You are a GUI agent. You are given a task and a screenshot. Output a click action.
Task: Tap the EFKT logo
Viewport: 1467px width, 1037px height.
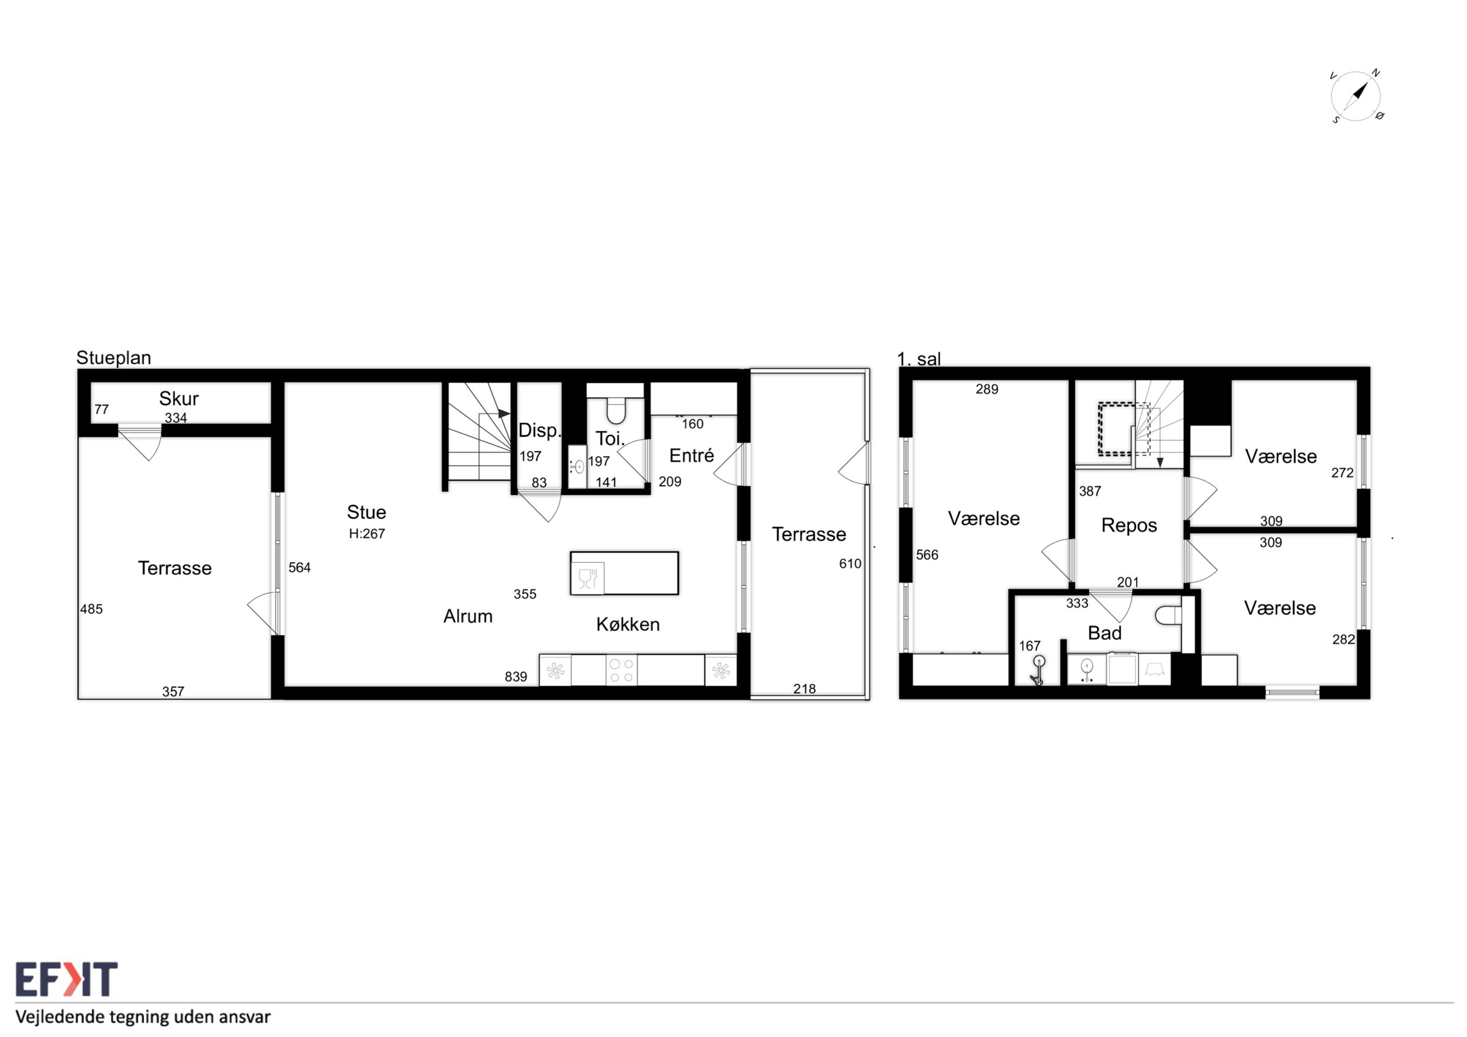pos(67,979)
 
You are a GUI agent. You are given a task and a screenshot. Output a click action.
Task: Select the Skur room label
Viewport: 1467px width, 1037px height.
pos(179,399)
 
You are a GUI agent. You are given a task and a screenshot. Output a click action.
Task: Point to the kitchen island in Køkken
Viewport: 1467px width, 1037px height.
pos(624,573)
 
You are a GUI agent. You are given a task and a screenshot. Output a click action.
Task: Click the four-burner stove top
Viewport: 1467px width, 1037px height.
pos(621,670)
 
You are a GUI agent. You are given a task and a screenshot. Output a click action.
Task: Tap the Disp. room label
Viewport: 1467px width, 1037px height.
pos(539,430)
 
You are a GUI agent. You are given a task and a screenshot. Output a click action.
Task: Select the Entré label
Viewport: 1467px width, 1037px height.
pos(691,455)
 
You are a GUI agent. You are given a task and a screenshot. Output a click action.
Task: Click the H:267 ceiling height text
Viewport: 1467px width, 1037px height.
pos(367,534)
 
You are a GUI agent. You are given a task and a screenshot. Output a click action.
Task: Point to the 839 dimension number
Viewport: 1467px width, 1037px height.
pos(516,676)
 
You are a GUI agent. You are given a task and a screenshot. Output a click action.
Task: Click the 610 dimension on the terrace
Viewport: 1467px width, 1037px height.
pos(850,564)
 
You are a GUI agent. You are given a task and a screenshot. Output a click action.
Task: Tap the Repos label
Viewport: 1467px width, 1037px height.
pos(1129,526)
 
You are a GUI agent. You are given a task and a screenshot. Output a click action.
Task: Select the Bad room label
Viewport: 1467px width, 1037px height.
pos(1105,633)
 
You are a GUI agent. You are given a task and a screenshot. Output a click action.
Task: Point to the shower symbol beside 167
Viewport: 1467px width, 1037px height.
pos(1038,670)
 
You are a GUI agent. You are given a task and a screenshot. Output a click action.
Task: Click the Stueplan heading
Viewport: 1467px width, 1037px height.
pos(114,358)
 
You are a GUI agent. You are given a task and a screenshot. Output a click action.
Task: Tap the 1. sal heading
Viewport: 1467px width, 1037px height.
pos(919,359)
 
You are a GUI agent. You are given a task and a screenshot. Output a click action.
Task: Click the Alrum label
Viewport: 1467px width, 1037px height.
pos(468,617)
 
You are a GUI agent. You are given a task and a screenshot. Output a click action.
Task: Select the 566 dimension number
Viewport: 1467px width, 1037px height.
pos(927,555)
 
